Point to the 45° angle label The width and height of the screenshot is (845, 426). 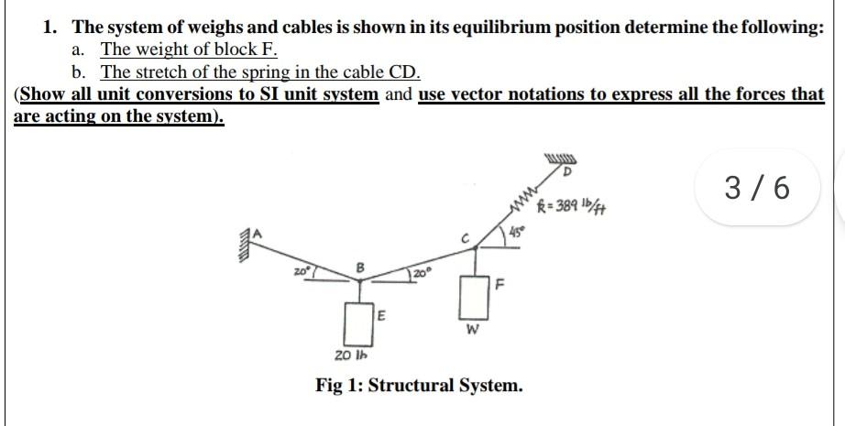517,241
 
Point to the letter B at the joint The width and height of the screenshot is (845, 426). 358,267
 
